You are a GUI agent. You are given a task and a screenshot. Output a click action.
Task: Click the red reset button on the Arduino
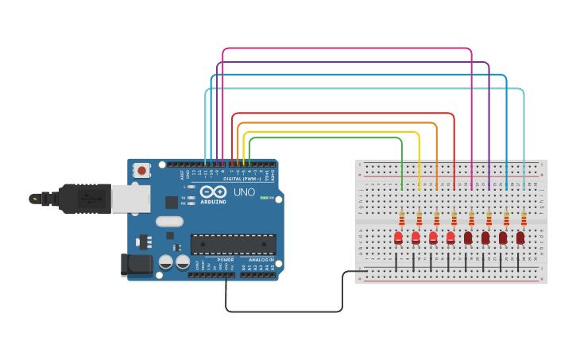click(x=141, y=169)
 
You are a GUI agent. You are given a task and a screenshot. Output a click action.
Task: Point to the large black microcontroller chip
click(x=233, y=245)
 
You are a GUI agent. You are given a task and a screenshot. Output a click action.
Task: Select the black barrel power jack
click(x=136, y=265)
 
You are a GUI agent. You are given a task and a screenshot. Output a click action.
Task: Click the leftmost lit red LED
click(x=398, y=237)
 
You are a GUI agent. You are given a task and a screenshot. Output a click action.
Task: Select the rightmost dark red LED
click(x=520, y=237)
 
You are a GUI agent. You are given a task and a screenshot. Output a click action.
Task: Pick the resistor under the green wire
click(x=402, y=218)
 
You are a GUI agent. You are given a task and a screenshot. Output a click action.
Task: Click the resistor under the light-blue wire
click(x=524, y=218)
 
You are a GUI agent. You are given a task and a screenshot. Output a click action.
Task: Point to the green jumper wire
click(x=326, y=138)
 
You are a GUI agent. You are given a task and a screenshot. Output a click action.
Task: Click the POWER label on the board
click(x=226, y=259)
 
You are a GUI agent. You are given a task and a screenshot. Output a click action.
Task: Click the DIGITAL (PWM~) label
click(x=238, y=178)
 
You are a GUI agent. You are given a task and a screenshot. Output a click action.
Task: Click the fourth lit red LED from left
click(x=450, y=237)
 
